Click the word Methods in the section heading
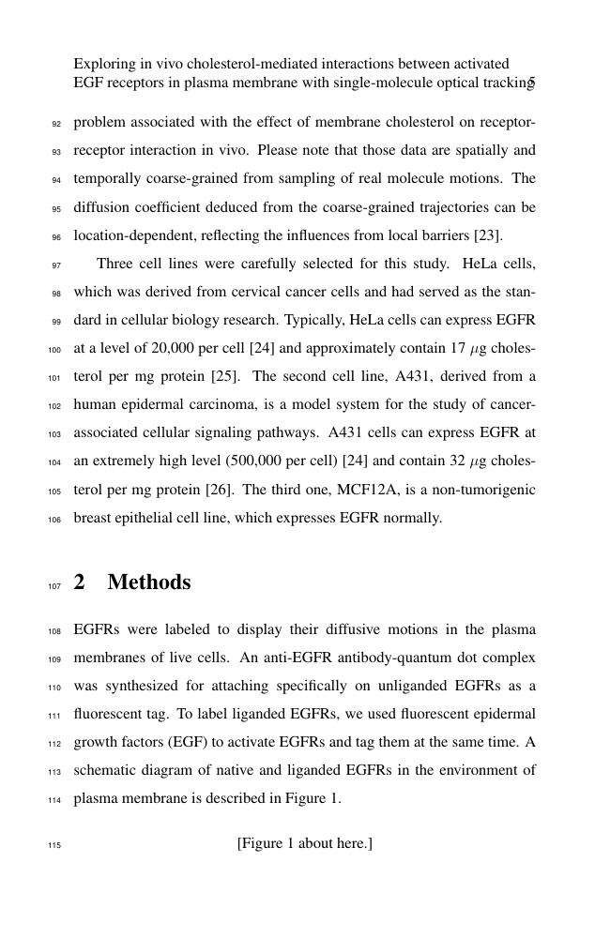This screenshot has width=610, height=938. [x=149, y=582]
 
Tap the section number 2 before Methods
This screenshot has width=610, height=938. [x=80, y=582]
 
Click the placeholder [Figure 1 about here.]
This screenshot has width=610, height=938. [x=305, y=844]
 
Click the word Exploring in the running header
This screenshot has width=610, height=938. [x=103, y=64]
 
